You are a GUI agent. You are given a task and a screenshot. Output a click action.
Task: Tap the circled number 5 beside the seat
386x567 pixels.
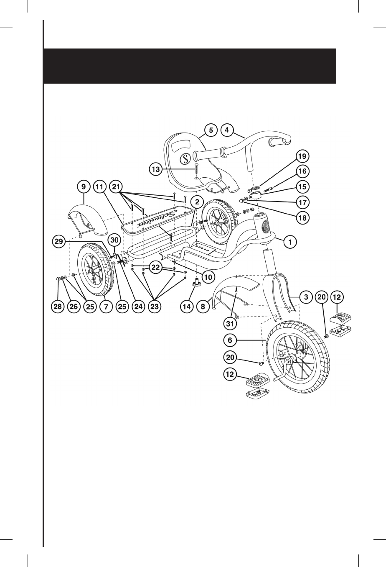(x=211, y=130)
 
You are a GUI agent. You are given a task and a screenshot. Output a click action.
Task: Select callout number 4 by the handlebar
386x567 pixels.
(x=226, y=130)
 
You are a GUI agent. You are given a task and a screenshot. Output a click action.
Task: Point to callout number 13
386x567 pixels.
(x=155, y=169)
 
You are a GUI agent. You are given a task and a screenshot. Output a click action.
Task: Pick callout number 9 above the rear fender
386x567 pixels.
(x=84, y=186)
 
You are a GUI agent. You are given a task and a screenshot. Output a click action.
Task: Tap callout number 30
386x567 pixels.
(x=114, y=240)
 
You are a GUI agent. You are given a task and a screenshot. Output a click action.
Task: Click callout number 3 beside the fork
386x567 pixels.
(x=306, y=297)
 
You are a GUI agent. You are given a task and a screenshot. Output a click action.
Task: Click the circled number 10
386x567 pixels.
(x=208, y=276)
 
